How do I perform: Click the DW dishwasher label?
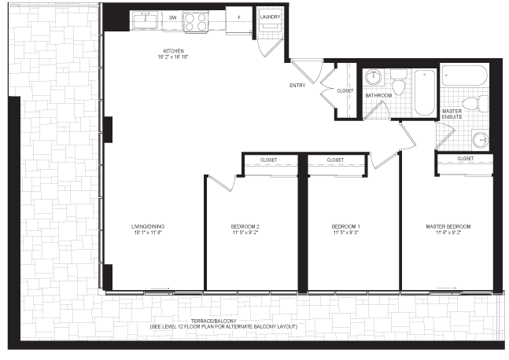click(173, 17)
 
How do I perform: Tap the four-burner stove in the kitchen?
click(196, 22)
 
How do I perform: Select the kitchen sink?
click(145, 20)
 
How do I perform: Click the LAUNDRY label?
click(270, 17)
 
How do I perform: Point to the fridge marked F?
click(239, 17)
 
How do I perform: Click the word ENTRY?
click(297, 86)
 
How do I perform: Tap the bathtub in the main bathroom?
click(425, 93)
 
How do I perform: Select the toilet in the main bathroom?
click(398, 82)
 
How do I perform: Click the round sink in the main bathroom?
click(374, 77)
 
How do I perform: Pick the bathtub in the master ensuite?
click(465, 75)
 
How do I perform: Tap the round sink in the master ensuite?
click(480, 140)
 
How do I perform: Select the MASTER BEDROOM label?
click(448, 226)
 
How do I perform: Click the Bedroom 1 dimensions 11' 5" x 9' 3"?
click(345, 233)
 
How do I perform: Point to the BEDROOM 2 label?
click(245, 226)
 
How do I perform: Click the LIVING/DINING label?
click(148, 226)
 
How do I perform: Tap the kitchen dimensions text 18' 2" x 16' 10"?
click(173, 57)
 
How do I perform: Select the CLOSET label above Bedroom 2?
click(269, 160)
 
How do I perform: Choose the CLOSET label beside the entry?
click(345, 91)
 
